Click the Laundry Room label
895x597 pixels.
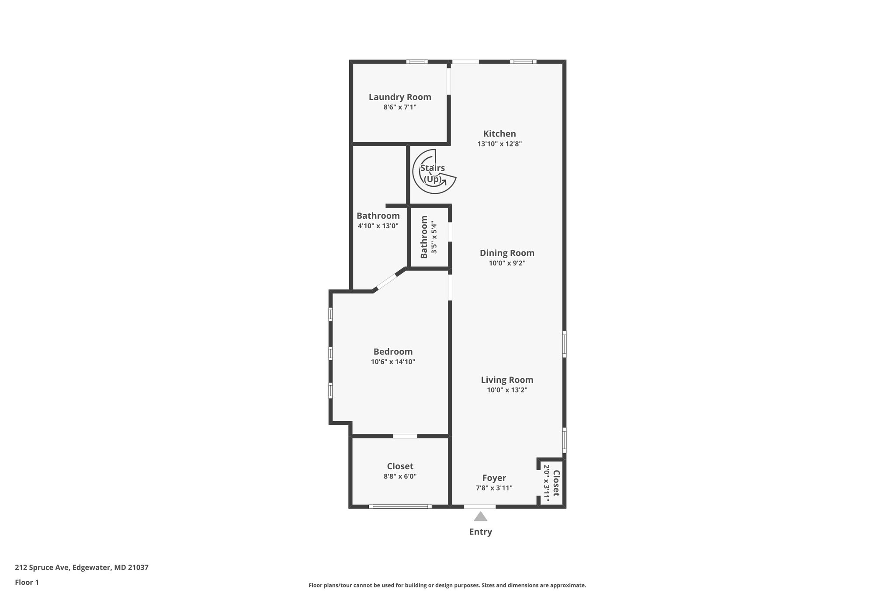(x=400, y=97)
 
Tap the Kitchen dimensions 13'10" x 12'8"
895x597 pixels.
(x=500, y=144)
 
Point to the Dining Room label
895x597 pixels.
(x=507, y=253)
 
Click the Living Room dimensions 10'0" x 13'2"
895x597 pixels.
(x=507, y=390)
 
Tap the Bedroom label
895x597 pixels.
(x=393, y=352)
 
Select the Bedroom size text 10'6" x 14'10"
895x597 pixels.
(x=393, y=362)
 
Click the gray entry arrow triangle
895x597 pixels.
(x=480, y=517)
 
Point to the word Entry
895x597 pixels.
(x=480, y=532)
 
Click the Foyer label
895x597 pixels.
(x=494, y=478)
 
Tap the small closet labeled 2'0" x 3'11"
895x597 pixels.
(x=552, y=483)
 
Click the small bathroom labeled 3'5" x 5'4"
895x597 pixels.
(x=428, y=237)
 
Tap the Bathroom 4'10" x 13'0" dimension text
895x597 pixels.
(x=378, y=226)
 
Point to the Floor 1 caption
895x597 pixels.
(x=27, y=583)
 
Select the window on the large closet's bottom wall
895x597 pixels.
(x=400, y=506)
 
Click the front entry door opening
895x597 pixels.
(x=480, y=506)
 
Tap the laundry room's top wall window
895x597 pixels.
(x=417, y=62)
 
